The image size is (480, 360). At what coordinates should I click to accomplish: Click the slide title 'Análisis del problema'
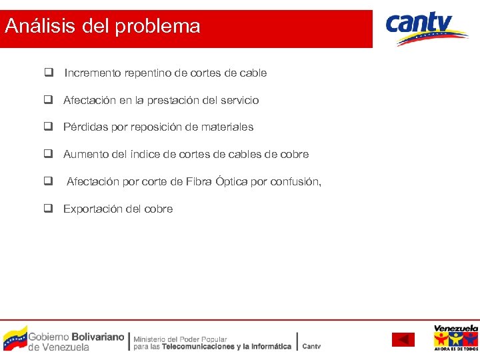[102, 27]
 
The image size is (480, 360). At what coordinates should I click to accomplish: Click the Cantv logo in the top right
[427, 29]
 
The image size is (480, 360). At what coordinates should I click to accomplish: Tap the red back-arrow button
[403, 340]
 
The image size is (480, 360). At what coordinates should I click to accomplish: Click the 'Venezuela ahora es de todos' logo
[455, 338]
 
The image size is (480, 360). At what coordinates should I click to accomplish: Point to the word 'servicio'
[237, 101]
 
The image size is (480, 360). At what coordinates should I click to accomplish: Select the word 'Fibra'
[200, 181]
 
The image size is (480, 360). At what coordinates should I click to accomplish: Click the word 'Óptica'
[233, 181]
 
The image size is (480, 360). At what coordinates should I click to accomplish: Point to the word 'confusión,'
[295, 181]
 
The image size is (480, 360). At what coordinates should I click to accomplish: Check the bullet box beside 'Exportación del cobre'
[49, 209]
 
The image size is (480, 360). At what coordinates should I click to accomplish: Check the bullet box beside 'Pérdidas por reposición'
[49, 127]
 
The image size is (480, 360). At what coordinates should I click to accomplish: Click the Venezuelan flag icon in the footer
[15, 339]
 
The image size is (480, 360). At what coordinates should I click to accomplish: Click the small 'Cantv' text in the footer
[311, 346]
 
